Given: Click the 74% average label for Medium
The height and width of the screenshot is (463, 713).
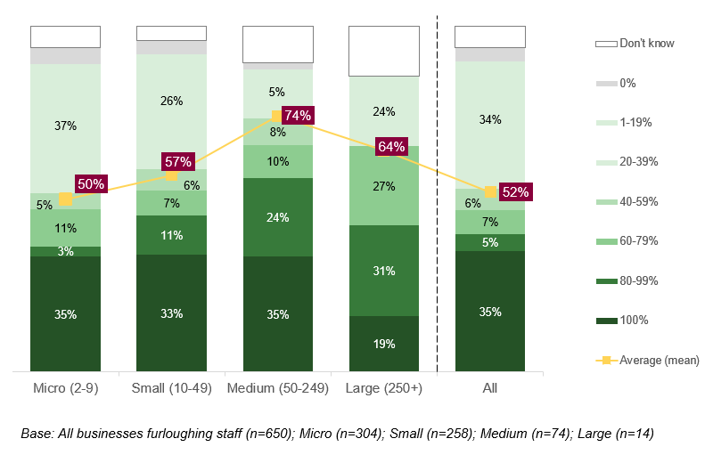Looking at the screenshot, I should (x=297, y=115).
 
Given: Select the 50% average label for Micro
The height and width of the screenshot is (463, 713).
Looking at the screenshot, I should (x=91, y=184).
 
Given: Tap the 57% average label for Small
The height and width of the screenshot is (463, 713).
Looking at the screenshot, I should (x=177, y=161).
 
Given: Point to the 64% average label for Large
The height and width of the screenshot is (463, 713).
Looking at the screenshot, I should (x=391, y=146).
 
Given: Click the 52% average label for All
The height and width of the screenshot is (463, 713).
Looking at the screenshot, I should (x=514, y=191).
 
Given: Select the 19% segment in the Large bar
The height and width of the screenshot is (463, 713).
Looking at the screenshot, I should (x=384, y=344).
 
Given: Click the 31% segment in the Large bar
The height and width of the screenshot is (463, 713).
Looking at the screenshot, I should (x=384, y=271).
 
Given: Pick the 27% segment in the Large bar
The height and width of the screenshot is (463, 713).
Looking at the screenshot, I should (x=384, y=186).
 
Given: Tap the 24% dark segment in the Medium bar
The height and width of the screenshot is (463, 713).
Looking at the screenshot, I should (x=277, y=217).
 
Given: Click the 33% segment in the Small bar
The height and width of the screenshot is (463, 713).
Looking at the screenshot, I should (x=171, y=313).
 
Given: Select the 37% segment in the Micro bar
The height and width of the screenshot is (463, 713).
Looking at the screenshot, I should (x=65, y=126).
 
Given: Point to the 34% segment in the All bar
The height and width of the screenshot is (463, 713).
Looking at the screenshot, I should (x=489, y=119).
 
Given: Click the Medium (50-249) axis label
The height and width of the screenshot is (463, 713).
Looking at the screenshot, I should (x=277, y=389).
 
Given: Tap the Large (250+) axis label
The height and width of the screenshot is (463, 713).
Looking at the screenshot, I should (x=384, y=389).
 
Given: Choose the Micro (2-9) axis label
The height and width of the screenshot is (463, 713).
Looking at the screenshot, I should (x=65, y=389).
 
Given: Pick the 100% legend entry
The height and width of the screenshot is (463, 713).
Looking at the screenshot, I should (x=634, y=321).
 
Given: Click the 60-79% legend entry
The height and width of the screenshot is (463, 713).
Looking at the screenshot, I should (x=638, y=241).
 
